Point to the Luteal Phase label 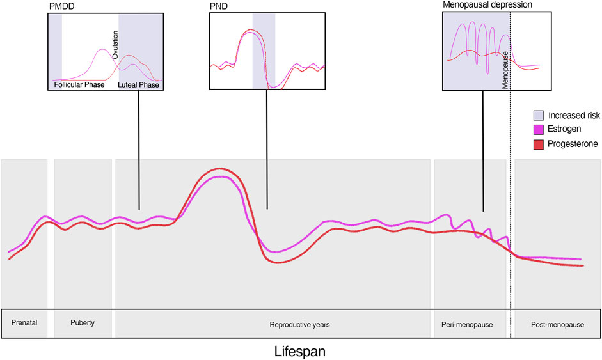coord(138,84)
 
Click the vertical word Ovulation coord(115,47)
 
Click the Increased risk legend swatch coord(539,116)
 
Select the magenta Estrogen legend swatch coord(539,130)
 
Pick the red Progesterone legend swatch coord(539,145)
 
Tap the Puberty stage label coord(83,323)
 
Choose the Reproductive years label coord(299,324)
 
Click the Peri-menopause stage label coord(468,324)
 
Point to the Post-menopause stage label coord(557,324)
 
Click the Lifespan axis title coord(301,351)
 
